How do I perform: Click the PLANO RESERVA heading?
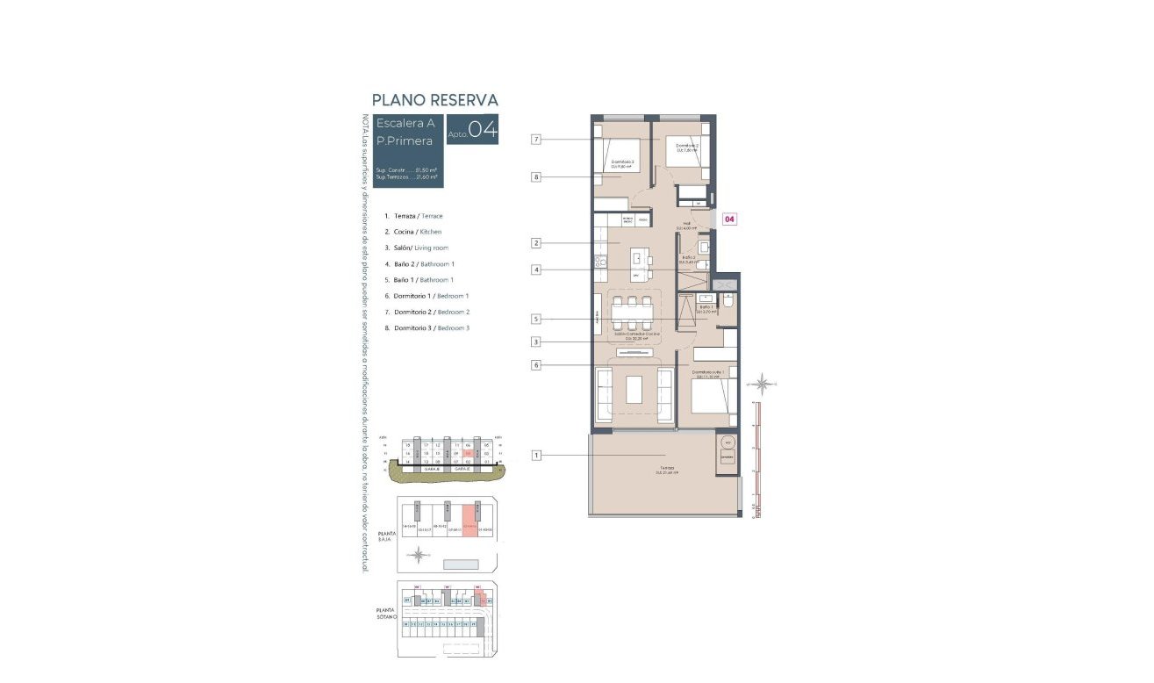(434, 100)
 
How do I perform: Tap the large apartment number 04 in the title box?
(483, 130)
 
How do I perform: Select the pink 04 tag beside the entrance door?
(728, 219)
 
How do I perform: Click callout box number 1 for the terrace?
(536, 455)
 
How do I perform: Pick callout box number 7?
(536, 139)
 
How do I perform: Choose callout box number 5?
(536, 319)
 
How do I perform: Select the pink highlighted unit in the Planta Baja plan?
(469, 524)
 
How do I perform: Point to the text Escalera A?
(405, 123)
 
